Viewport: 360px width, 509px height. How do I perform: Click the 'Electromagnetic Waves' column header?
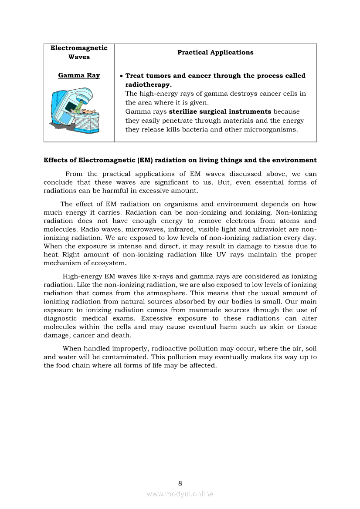[x=79, y=52]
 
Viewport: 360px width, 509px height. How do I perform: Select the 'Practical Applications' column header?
[x=215, y=52]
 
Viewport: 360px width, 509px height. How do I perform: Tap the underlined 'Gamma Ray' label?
[x=79, y=75]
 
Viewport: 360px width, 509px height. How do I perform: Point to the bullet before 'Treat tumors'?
[x=121, y=76]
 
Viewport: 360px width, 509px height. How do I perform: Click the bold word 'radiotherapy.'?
[x=148, y=84]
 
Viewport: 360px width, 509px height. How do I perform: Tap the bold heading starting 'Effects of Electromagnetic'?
[x=180, y=160]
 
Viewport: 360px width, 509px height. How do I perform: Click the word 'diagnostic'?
[x=61, y=319]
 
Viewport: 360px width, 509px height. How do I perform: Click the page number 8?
[x=180, y=483]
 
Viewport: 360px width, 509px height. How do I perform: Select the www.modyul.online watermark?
[x=180, y=494]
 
